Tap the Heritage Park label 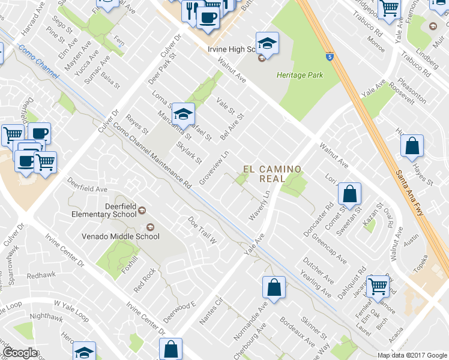tap(300, 75)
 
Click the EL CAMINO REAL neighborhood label tap(271, 174)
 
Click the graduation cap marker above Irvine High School tap(267, 43)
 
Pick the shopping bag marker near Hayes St tap(412, 146)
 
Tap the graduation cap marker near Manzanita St tap(184, 113)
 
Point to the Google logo tap(20, 353)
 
